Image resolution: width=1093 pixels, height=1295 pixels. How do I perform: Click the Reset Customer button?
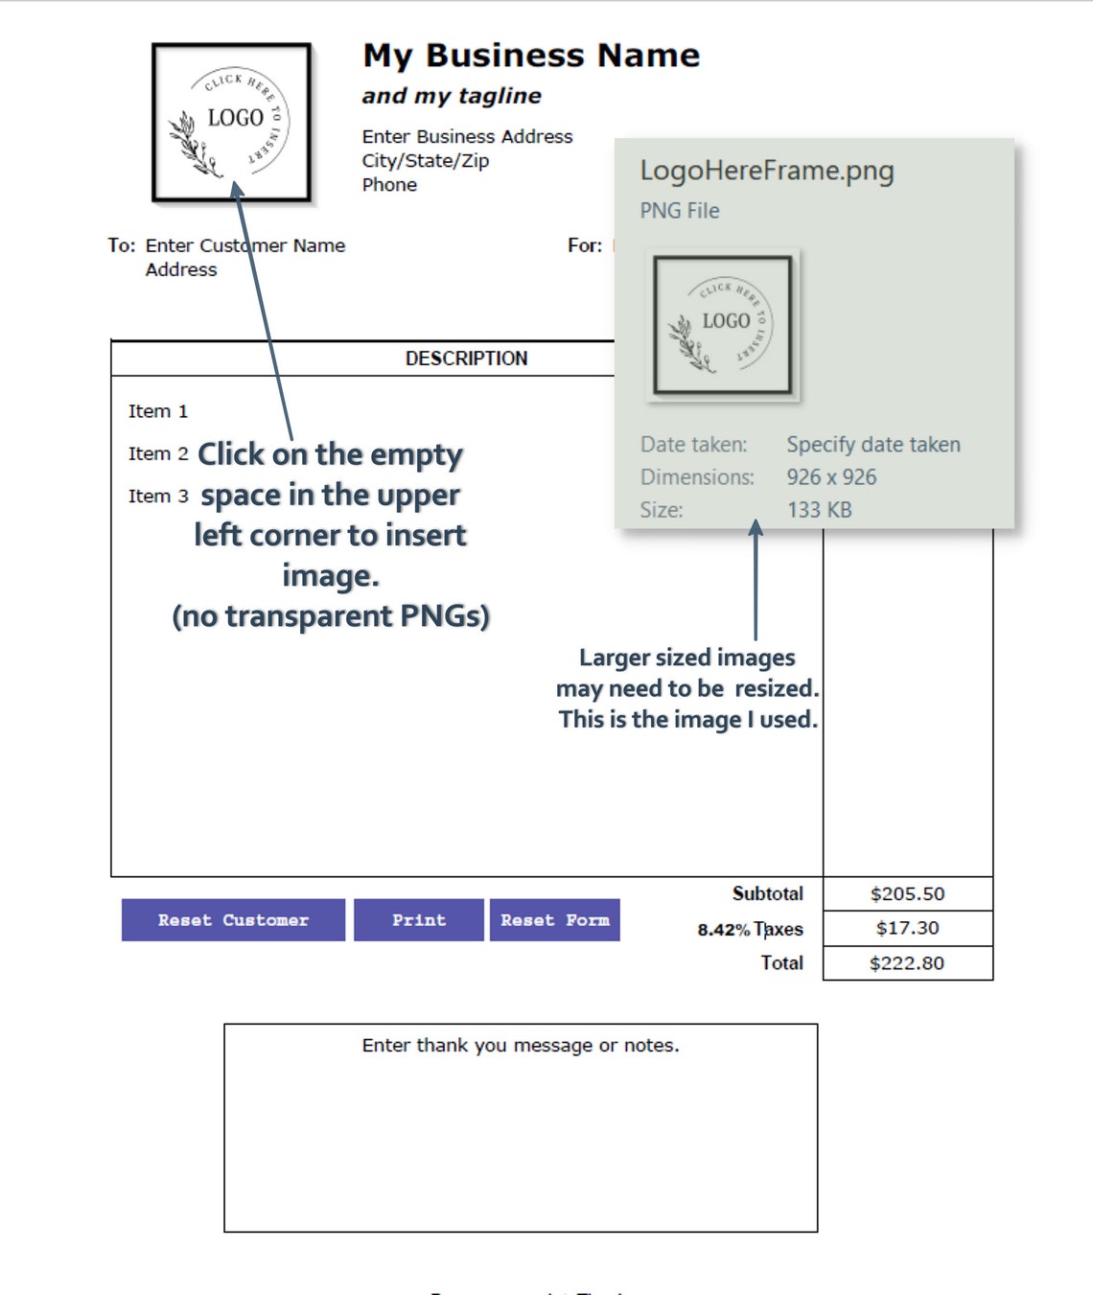click(x=233, y=920)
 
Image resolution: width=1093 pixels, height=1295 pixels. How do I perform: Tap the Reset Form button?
click(x=554, y=920)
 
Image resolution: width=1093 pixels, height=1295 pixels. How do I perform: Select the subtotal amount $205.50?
click(x=907, y=894)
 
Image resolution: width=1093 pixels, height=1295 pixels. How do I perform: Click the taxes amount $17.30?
click(x=907, y=928)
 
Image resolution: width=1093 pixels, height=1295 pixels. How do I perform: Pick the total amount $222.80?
click(x=907, y=963)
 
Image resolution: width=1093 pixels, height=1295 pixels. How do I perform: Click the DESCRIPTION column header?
click(x=466, y=358)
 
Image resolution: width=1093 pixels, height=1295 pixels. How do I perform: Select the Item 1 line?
click(x=158, y=411)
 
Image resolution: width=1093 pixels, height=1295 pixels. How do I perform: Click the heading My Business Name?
click(x=531, y=56)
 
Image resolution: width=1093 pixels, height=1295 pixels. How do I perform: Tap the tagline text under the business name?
click(x=452, y=96)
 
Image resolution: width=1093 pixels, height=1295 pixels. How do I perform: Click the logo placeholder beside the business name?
click(x=232, y=123)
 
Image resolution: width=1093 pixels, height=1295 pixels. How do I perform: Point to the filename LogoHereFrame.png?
click(x=767, y=171)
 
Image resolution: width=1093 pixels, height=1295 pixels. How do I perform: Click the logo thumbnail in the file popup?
click(x=723, y=325)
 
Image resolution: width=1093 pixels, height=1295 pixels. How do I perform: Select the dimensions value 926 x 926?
click(x=831, y=477)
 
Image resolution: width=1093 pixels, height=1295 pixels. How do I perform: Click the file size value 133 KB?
click(x=819, y=510)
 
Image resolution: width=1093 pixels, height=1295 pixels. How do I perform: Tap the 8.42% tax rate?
click(x=723, y=930)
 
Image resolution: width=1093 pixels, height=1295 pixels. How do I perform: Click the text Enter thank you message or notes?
click(x=521, y=1046)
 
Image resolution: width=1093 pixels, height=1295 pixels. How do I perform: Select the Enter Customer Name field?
click(x=245, y=245)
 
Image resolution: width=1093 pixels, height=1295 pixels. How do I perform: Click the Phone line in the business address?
click(x=389, y=185)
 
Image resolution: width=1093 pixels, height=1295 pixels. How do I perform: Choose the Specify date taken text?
click(x=873, y=445)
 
